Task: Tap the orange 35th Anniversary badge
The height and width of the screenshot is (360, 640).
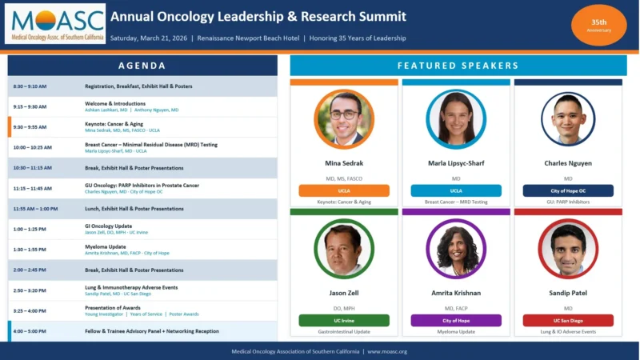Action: coord(599,25)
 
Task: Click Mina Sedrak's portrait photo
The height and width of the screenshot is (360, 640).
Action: coord(344,119)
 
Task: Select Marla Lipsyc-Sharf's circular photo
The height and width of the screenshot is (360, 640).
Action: coord(456,119)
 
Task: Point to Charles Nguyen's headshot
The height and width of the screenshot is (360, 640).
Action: coord(568,119)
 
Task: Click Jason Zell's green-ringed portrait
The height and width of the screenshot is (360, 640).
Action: coord(344,248)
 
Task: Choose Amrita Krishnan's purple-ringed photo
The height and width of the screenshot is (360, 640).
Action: coord(456,248)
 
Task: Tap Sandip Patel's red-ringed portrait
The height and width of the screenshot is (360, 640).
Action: coord(568,248)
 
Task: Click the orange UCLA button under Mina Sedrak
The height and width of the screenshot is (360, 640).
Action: coord(344,190)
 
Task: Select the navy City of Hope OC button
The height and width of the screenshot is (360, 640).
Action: coord(568,190)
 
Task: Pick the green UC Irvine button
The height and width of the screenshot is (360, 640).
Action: coord(344,320)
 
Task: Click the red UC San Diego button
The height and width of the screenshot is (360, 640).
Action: coord(568,320)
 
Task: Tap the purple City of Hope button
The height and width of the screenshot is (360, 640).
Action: coord(456,320)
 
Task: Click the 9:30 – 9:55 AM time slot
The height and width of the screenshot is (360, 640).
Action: coord(30,126)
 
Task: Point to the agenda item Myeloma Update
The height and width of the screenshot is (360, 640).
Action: coord(106,246)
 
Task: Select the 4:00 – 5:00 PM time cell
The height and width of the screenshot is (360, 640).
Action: coord(30,330)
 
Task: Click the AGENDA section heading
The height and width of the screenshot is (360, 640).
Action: coord(142,66)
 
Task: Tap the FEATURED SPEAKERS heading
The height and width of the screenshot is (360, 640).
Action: coord(458,66)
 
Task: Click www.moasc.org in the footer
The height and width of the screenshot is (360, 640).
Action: coord(387,351)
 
